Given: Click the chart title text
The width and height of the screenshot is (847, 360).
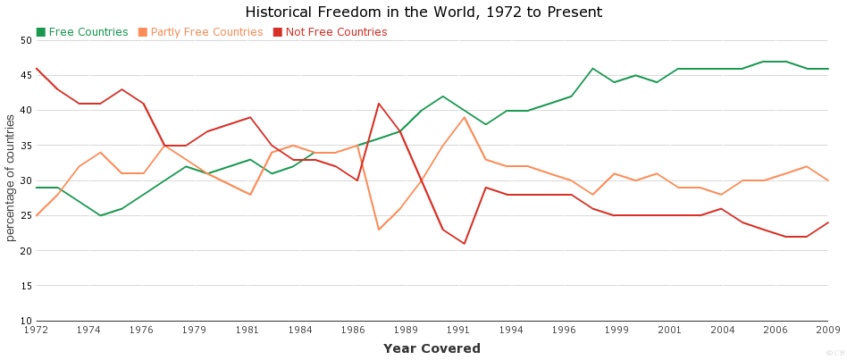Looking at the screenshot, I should [x=423, y=13].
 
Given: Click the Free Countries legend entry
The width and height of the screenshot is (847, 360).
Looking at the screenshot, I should [x=88, y=32].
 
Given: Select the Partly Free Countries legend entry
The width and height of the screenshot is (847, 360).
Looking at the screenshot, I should [x=206, y=32].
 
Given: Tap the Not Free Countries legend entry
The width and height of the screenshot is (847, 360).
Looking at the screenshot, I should [x=336, y=32].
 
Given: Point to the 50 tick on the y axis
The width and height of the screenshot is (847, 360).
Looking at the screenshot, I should [x=25, y=40].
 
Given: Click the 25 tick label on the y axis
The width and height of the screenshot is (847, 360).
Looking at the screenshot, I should [x=25, y=215].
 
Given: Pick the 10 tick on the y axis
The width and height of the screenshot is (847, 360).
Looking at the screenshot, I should [x=25, y=321].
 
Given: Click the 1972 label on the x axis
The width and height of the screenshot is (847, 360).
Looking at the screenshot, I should [x=36, y=331].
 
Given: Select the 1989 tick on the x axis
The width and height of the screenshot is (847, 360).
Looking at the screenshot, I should [x=407, y=331].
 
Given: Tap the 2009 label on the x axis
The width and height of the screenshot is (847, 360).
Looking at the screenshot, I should [x=828, y=331].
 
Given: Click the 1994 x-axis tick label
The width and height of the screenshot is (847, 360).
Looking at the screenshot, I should [x=512, y=331].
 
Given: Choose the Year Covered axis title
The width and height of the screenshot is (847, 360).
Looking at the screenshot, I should [x=432, y=348].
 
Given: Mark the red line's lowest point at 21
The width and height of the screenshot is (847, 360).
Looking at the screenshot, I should [x=465, y=244].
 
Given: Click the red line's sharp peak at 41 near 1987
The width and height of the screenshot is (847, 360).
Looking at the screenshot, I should [x=379, y=104].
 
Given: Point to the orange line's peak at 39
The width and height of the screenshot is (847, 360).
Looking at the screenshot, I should [x=465, y=117].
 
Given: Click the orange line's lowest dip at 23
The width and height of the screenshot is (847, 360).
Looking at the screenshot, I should [x=379, y=230].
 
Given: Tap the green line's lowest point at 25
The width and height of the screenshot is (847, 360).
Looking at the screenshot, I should [x=100, y=215].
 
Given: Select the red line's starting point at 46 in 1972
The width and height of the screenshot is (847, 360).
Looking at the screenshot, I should [x=37, y=69].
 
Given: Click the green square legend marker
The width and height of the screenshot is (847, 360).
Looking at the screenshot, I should [x=41, y=32].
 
